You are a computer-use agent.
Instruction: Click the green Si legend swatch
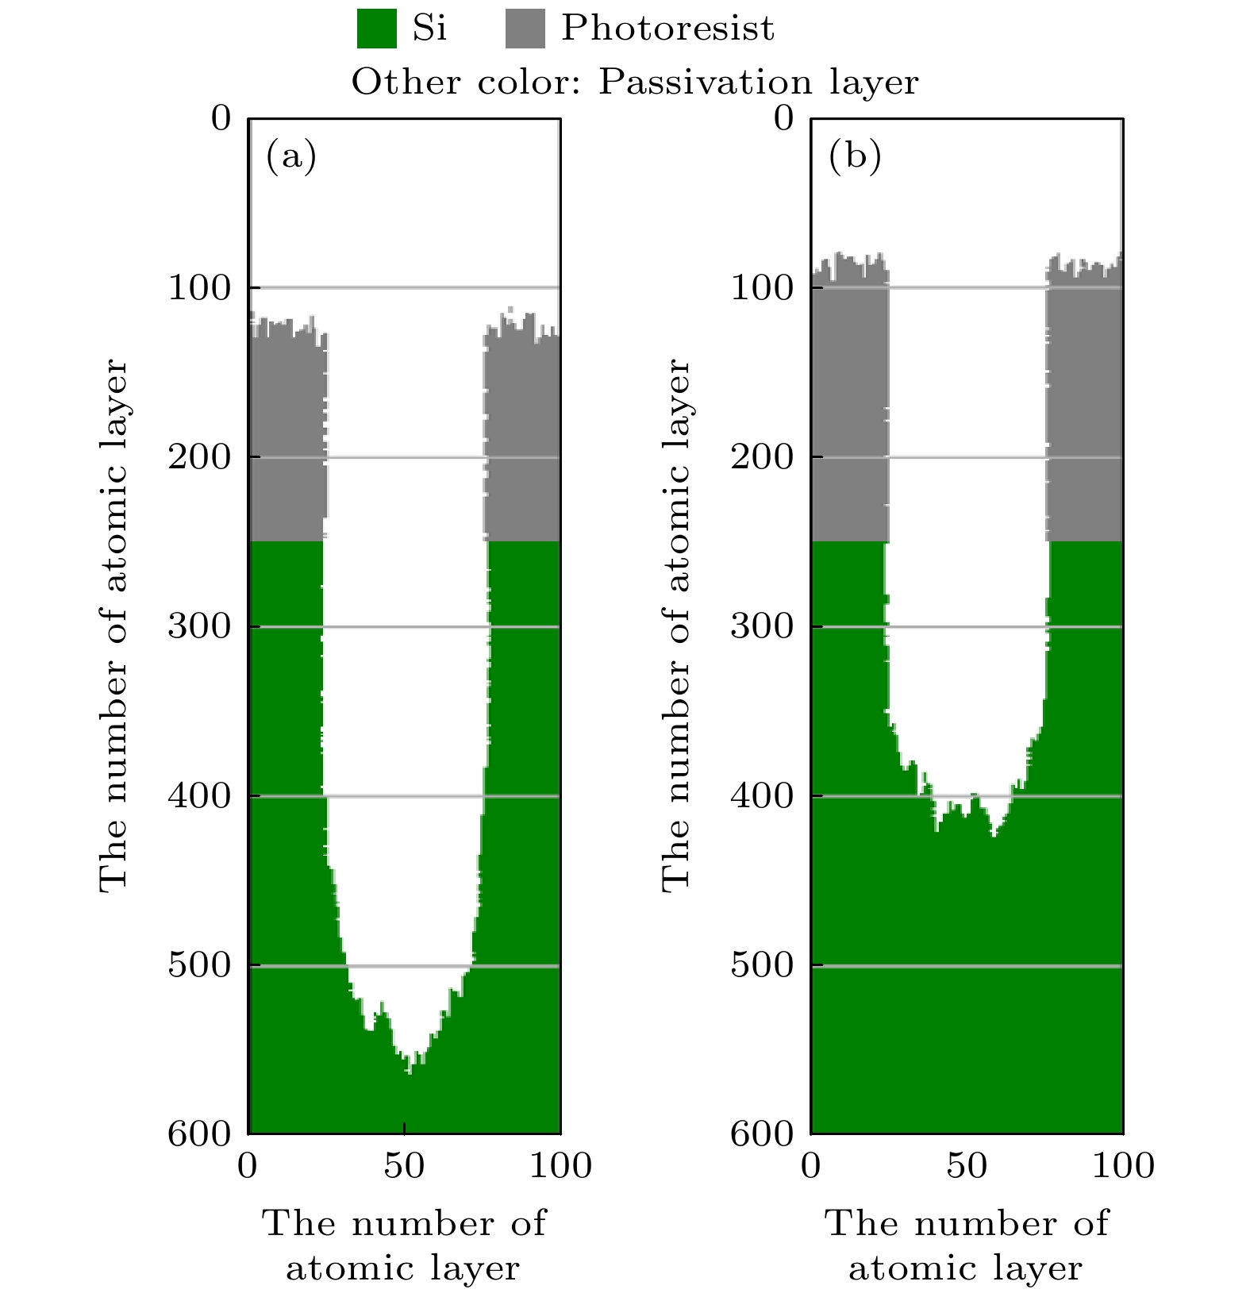point(376,29)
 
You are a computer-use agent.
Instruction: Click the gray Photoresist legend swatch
point(525,29)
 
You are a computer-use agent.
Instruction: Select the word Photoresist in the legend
point(667,29)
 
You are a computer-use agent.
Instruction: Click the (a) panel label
point(290,156)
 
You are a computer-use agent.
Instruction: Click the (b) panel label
point(854,156)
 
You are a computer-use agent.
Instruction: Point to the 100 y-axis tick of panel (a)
point(198,287)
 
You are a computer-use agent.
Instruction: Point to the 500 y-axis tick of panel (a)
point(198,966)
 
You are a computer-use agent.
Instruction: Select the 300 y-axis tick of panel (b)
point(761,626)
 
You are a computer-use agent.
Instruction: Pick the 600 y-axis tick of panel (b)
point(761,1134)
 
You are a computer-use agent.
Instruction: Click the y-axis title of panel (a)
point(113,625)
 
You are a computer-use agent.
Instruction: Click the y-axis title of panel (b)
point(675,625)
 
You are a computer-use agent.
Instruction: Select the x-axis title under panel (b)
point(966,1245)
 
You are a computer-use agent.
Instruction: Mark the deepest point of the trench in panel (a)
point(410,1072)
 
